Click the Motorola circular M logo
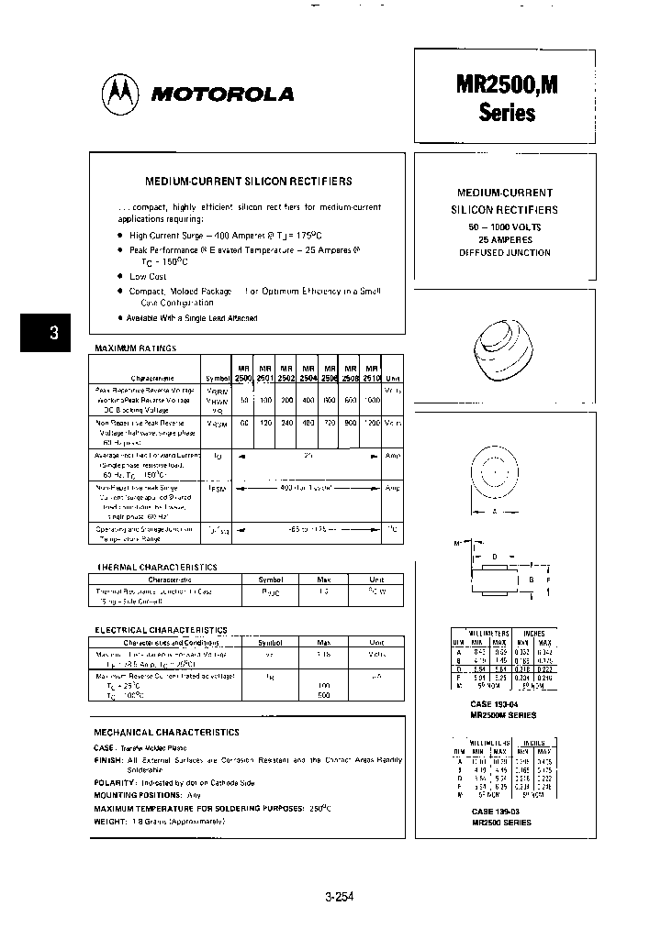[x=120, y=94]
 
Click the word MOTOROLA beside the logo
[x=222, y=94]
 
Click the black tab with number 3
[x=54, y=334]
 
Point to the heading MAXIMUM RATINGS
[x=136, y=348]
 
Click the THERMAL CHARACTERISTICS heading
[x=157, y=568]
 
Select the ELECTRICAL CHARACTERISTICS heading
[x=162, y=630]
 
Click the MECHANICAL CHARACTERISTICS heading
[x=167, y=732]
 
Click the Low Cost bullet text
[x=148, y=276]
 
